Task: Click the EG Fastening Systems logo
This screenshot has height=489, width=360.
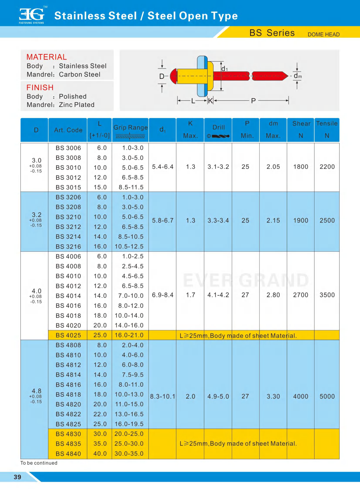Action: pos(32,15)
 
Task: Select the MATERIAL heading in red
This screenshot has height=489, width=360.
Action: pos(46,57)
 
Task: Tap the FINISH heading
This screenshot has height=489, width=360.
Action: pos(40,87)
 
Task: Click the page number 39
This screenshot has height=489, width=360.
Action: pos(17,477)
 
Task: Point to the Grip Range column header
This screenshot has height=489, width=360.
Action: pos(130,127)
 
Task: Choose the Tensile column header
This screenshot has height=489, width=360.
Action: pos(327,123)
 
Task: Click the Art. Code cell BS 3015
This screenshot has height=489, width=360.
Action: pos(68,187)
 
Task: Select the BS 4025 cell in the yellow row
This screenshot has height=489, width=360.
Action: pos(68,335)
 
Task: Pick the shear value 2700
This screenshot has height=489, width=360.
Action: pos(301,295)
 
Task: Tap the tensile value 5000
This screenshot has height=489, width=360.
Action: pos(327,396)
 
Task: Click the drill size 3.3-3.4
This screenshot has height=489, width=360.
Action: pos(218,220)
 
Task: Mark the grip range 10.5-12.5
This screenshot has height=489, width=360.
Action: pos(129,246)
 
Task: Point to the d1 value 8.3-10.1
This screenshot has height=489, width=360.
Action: pos(162,396)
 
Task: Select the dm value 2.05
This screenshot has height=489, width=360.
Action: pos(273,167)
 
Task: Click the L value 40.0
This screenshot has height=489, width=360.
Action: pos(100,454)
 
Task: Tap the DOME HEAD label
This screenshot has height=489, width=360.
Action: pos(323,35)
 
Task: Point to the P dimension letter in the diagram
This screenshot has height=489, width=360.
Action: pos(253,101)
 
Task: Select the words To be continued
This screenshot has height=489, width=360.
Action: pos(39,463)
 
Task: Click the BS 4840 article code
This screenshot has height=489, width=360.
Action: pos(68,454)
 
